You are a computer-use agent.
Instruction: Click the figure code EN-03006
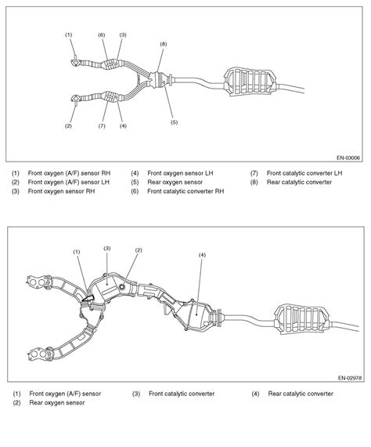348,158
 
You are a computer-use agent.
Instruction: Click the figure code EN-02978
350,378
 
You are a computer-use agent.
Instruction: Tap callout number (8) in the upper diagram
164,44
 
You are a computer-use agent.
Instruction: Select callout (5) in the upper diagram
174,122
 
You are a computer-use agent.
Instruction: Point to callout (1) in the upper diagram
69,35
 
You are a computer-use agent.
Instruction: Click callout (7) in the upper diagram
102,126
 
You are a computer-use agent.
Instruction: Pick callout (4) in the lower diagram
202,255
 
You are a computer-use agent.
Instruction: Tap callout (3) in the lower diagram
107,249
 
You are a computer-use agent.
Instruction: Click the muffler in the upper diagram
250,82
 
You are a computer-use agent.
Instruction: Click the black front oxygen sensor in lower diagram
88,299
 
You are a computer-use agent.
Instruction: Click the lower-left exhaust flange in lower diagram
39,354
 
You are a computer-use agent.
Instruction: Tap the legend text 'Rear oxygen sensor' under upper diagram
175,182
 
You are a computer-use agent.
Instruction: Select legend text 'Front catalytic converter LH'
304,173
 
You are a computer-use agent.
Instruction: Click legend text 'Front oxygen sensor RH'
62,191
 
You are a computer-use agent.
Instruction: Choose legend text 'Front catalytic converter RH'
185,191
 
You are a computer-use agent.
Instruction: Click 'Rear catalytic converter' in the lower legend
301,394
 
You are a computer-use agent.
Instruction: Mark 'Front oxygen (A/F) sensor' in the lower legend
65,394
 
